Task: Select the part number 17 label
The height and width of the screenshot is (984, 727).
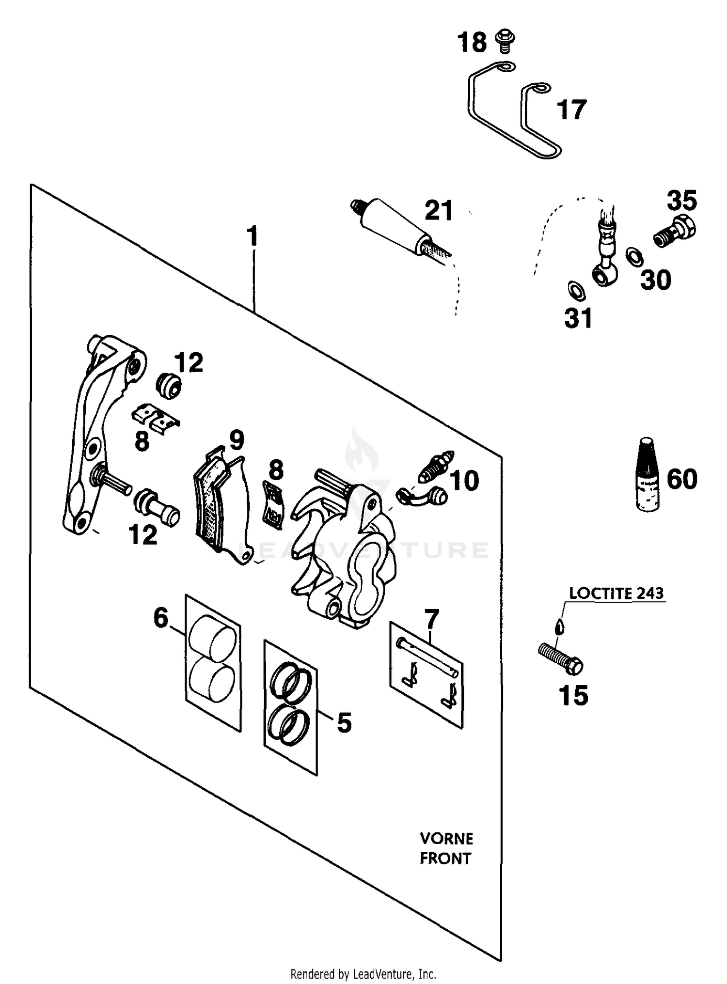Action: [572, 110]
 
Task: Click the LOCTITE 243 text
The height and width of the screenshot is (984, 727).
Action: [616, 594]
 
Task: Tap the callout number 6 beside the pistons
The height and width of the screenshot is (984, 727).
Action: [160, 618]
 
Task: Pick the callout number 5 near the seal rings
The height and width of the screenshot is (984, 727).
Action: [344, 723]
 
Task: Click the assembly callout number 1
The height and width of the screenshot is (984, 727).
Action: [253, 236]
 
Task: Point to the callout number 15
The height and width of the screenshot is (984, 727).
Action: [573, 696]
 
